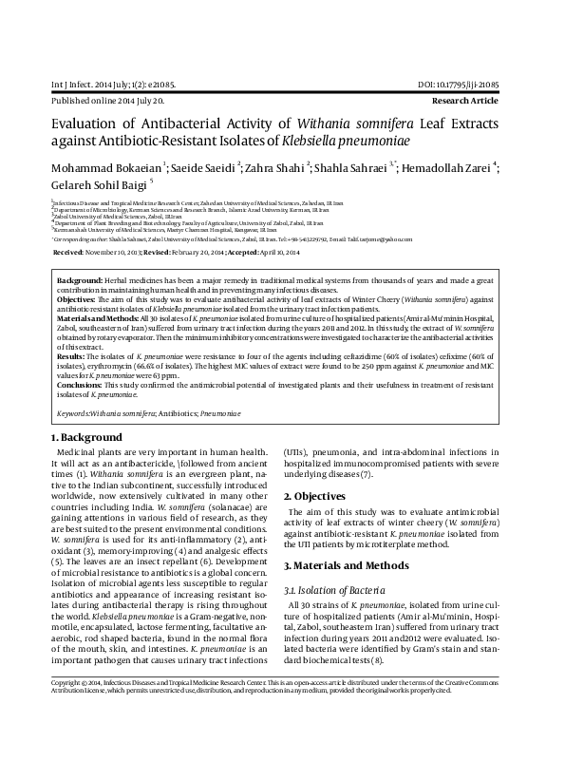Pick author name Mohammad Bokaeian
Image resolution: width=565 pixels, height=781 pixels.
click(107, 168)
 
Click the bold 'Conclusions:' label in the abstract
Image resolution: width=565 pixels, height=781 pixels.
click(80, 384)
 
